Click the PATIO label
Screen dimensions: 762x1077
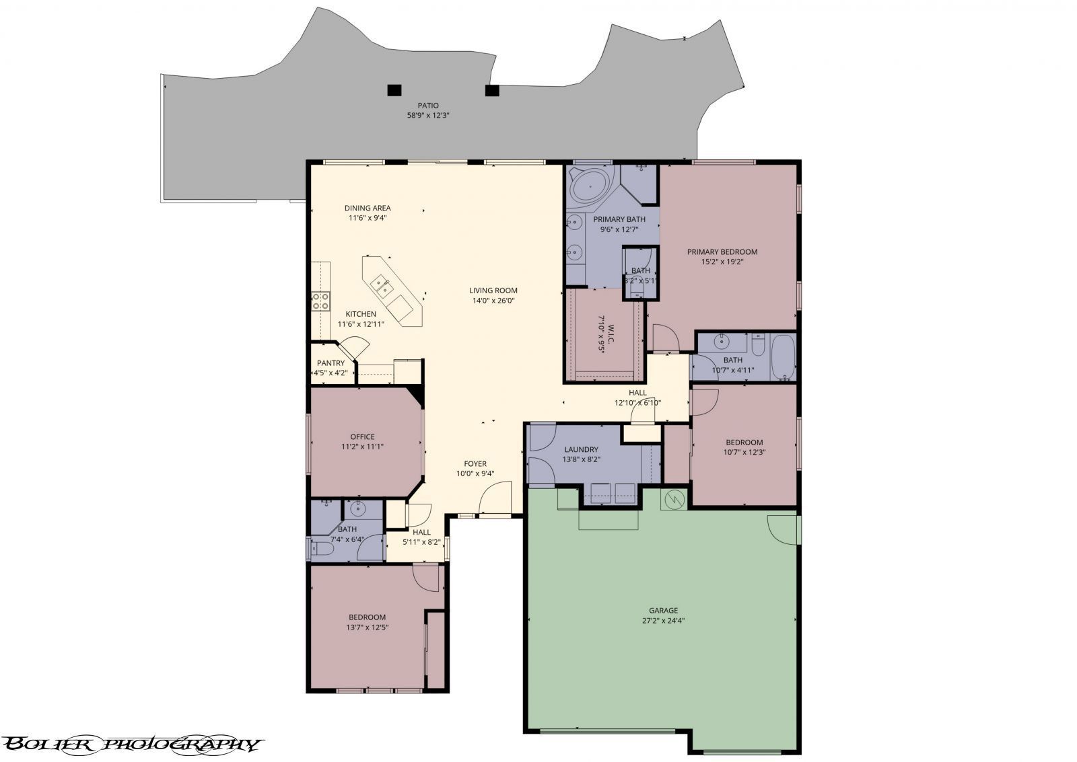pyautogui.click(x=427, y=106)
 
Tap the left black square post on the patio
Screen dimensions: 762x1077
pyautogui.click(x=394, y=89)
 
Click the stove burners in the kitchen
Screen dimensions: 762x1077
pyautogui.click(x=320, y=301)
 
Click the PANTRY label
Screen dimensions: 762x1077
pyautogui.click(x=331, y=363)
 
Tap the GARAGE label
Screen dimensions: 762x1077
pyautogui.click(x=663, y=611)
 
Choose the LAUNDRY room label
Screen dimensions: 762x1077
pyautogui.click(x=582, y=450)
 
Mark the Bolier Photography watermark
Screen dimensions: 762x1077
pyautogui.click(x=131, y=744)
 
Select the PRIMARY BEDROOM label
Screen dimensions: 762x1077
pyautogui.click(x=722, y=252)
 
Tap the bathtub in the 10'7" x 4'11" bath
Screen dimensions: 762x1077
pyautogui.click(x=782, y=358)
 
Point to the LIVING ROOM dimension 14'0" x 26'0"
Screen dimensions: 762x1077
pyautogui.click(x=493, y=301)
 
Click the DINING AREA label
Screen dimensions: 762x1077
pyautogui.click(x=368, y=208)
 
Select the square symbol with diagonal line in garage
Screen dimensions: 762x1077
pyautogui.click(x=674, y=499)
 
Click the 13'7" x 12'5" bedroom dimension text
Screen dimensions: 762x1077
pyautogui.click(x=367, y=627)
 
